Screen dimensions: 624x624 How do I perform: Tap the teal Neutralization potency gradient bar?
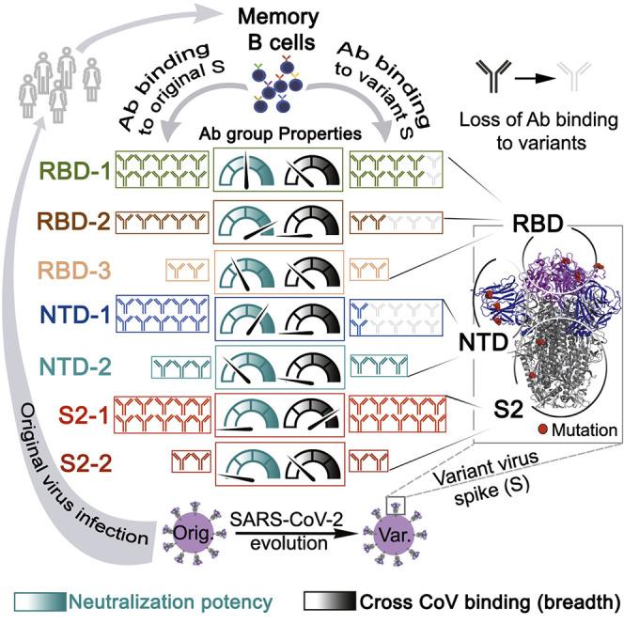click(40, 601)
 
